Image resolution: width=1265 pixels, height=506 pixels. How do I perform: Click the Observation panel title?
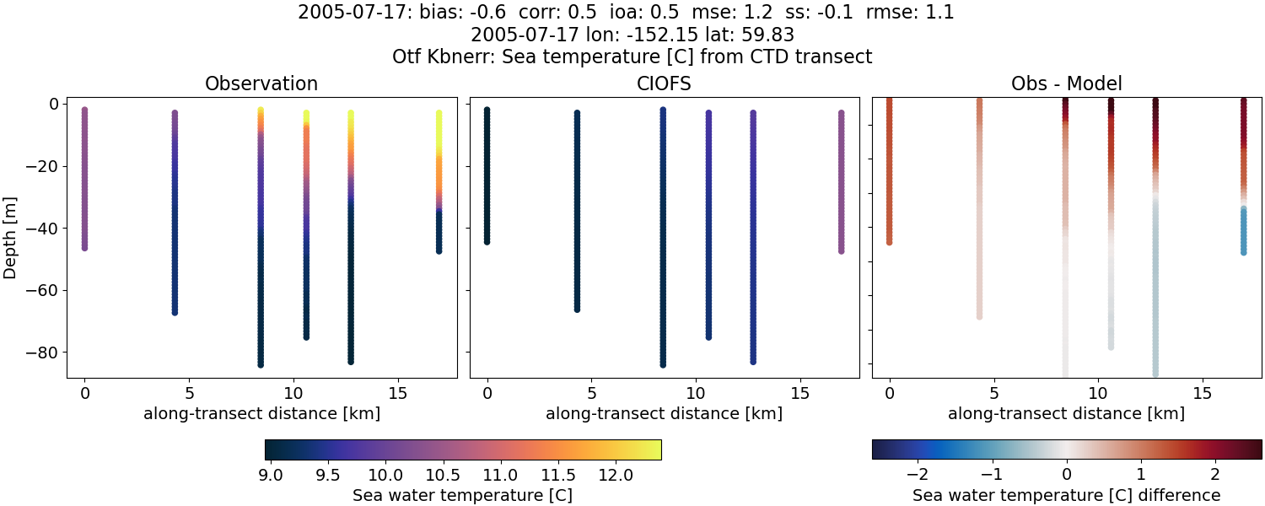(x=261, y=84)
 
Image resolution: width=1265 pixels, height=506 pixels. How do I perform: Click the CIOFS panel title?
(x=664, y=84)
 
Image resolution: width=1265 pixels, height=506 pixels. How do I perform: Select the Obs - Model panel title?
(x=1066, y=84)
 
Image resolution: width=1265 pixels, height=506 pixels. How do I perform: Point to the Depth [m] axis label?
(x=11, y=227)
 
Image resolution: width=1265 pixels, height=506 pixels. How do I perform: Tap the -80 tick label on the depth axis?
(x=40, y=353)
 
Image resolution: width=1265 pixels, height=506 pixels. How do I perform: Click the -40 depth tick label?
(x=40, y=229)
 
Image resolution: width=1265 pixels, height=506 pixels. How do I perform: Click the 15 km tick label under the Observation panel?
(x=397, y=393)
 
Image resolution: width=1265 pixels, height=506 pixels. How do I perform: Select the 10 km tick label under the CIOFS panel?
(x=695, y=393)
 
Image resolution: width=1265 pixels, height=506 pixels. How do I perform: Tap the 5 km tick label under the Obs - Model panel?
(x=994, y=393)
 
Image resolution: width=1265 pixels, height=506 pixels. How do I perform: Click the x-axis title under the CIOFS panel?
(x=664, y=414)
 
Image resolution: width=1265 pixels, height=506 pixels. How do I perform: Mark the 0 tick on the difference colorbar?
(x=1066, y=475)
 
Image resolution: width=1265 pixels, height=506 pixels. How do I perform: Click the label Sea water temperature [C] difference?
(x=1066, y=496)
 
